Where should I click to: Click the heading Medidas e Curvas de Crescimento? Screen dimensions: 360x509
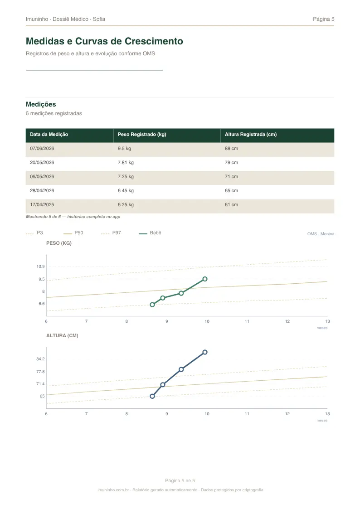[x=104, y=41]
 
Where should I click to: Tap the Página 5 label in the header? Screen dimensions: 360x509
[x=323, y=19]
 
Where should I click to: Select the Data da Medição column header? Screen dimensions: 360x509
[x=49, y=135]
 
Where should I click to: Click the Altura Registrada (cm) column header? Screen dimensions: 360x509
[x=251, y=135]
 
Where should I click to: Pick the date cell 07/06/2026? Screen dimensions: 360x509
[x=42, y=148]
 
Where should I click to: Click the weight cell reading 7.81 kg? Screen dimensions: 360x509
[x=126, y=162]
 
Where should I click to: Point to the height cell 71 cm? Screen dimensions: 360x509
[x=231, y=177]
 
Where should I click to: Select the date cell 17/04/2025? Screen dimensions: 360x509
[x=42, y=204]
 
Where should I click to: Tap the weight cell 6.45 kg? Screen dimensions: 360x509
[x=126, y=190]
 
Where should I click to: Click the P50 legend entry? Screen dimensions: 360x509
[x=73, y=233]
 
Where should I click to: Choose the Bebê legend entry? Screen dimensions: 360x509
[x=150, y=233]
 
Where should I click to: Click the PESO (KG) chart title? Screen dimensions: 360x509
[x=59, y=243]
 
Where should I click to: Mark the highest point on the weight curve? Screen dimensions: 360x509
[x=205, y=279]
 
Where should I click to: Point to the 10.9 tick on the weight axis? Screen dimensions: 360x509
[x=40, y=267]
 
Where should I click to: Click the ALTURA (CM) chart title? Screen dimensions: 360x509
[x=62, y=336]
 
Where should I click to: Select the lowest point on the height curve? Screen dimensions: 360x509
[x=152, y=396]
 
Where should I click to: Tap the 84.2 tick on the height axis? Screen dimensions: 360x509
[x=40, y=359]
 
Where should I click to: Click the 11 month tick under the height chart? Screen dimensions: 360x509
[x=247, y=413]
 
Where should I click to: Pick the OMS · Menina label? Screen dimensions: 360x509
[x=321, y=234]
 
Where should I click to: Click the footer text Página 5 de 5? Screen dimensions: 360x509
[x=180, y=480]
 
